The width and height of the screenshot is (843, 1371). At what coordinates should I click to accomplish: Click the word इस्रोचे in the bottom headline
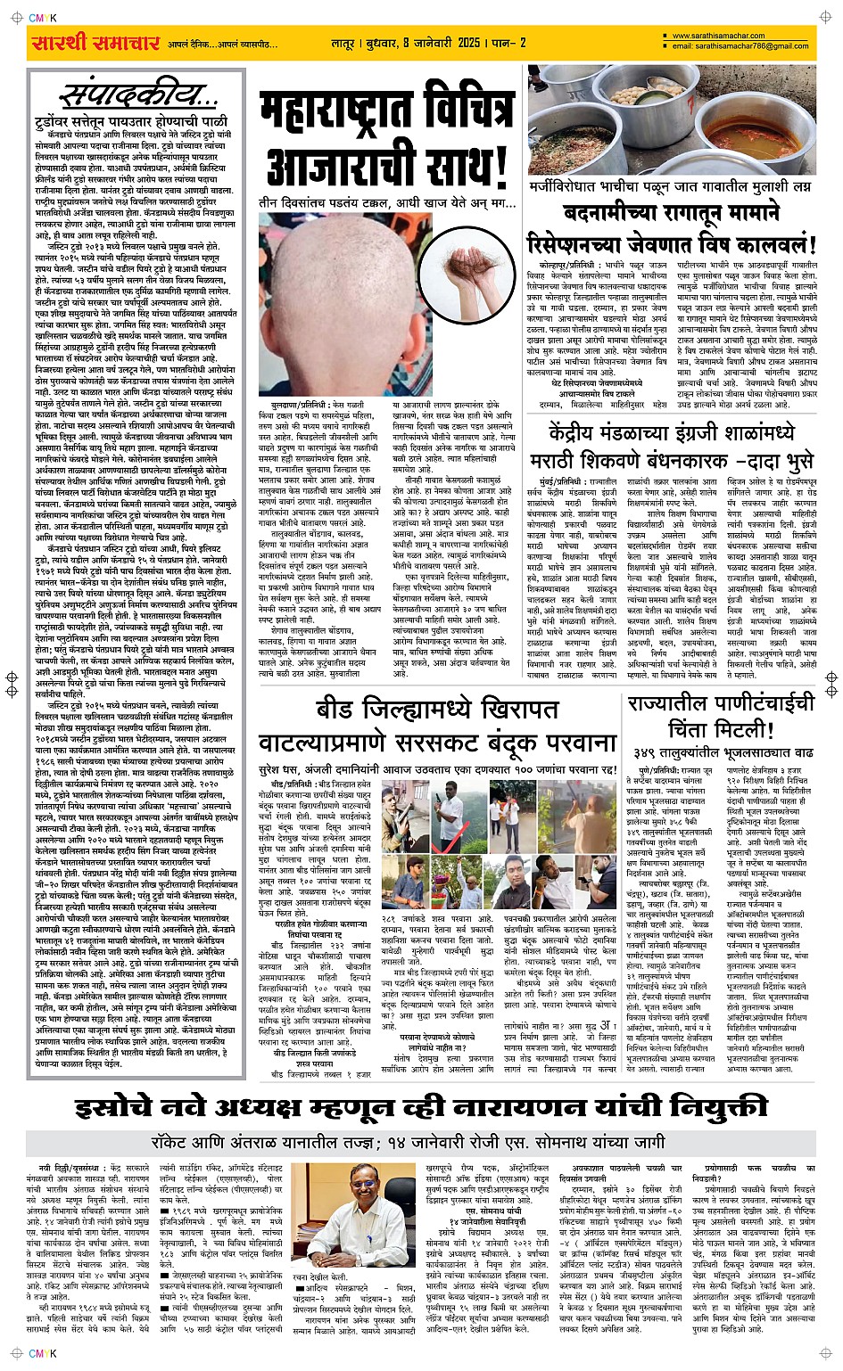pos(130,1108)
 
